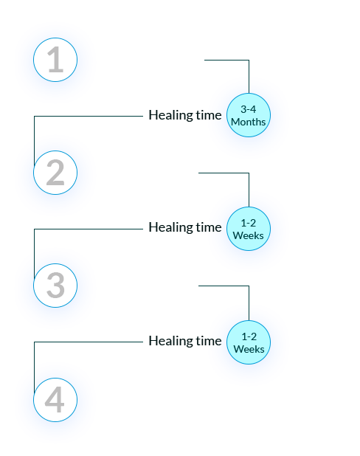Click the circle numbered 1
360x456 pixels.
pos(55,60)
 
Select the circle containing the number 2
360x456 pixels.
pos(55,173)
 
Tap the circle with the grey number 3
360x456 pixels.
pos(55,286)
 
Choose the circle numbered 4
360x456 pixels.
pos(55,400)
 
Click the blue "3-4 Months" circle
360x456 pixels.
pos(249,115)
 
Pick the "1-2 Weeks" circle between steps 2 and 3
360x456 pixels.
pos(249,229)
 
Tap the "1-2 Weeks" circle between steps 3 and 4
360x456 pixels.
pos(249,342)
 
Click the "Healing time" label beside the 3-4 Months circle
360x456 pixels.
pos(185,115)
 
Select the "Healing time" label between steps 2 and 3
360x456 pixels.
pos(185,228)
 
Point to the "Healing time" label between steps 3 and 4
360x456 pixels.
pos(185,341)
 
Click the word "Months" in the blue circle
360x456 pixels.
pos(249,122)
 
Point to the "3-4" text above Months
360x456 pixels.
pos(249,109)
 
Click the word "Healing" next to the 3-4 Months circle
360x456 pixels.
pos(170,115)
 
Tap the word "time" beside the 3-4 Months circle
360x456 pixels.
pos(209,115)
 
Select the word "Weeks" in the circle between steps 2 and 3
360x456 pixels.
pos(249,235)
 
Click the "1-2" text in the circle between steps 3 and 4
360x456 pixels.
pos(249,336)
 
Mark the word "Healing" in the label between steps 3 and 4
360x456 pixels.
pos(170,341)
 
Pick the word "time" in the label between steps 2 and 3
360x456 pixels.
pos(209,228)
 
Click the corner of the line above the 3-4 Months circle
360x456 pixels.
pos(249,61)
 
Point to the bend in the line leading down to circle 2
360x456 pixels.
pos(35,117)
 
